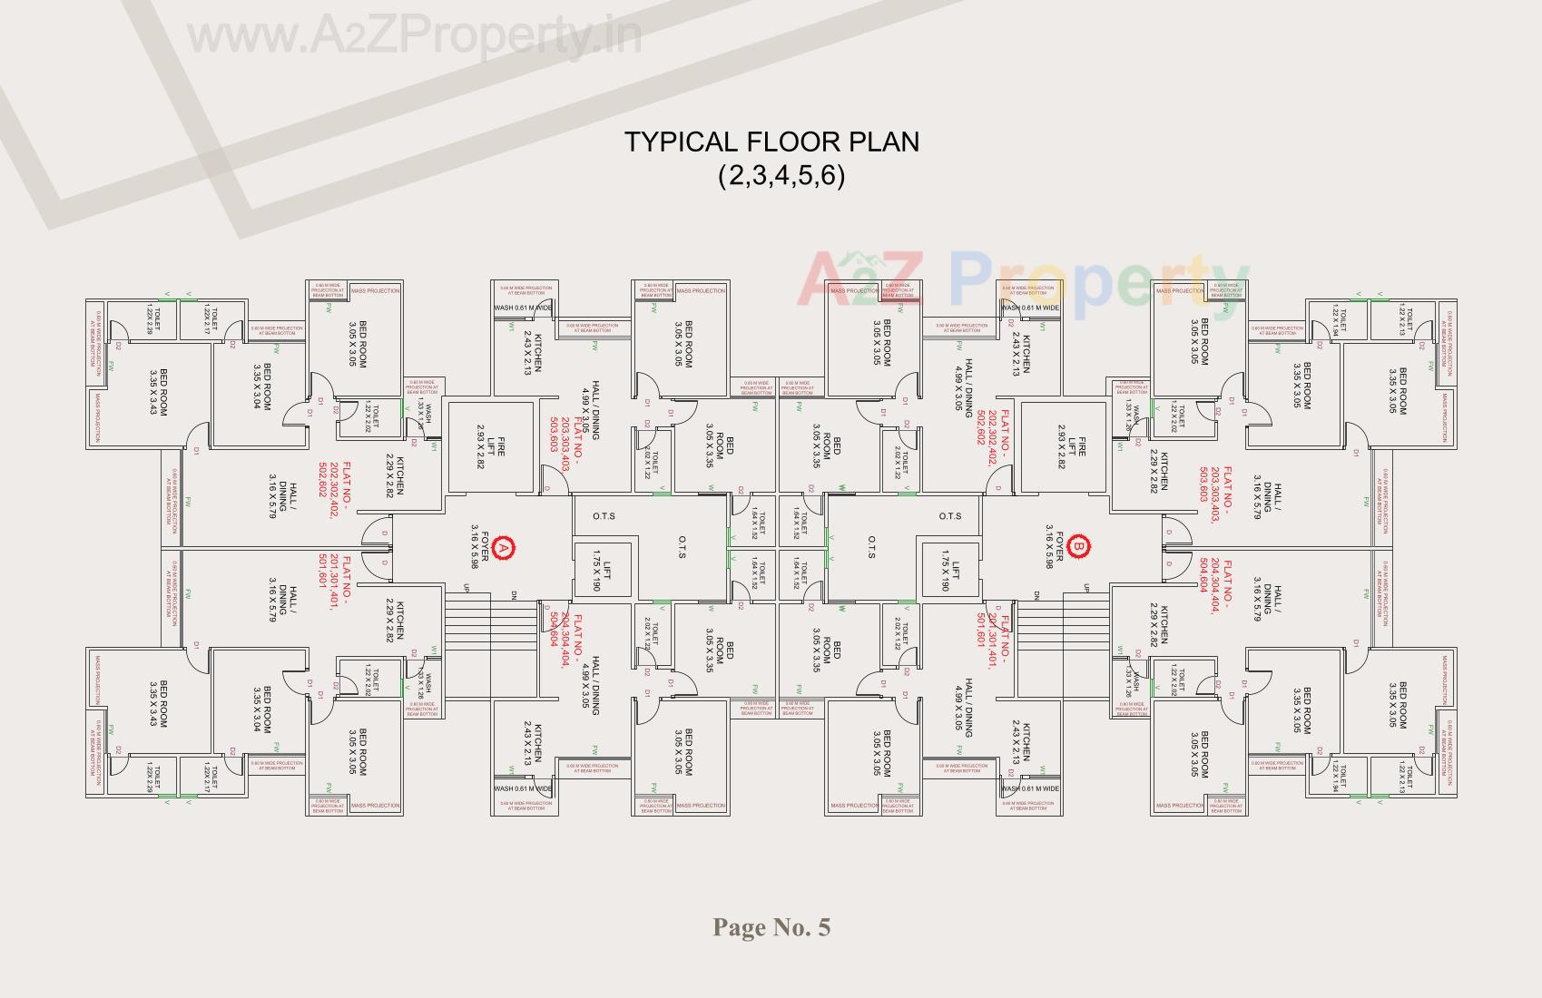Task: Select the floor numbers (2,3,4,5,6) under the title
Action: tap(781, 174)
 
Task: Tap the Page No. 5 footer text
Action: tap(771, 927)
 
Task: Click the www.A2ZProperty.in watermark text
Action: tap(414, 36)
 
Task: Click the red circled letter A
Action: tap(505, 547)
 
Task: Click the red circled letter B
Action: tap(1079, 547)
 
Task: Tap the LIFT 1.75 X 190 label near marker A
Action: tap(602, 571)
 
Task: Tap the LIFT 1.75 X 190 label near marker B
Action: tap(951, 571)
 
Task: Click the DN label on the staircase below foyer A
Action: tap(514, 595)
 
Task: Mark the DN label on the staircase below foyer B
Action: tap(1036, 595)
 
